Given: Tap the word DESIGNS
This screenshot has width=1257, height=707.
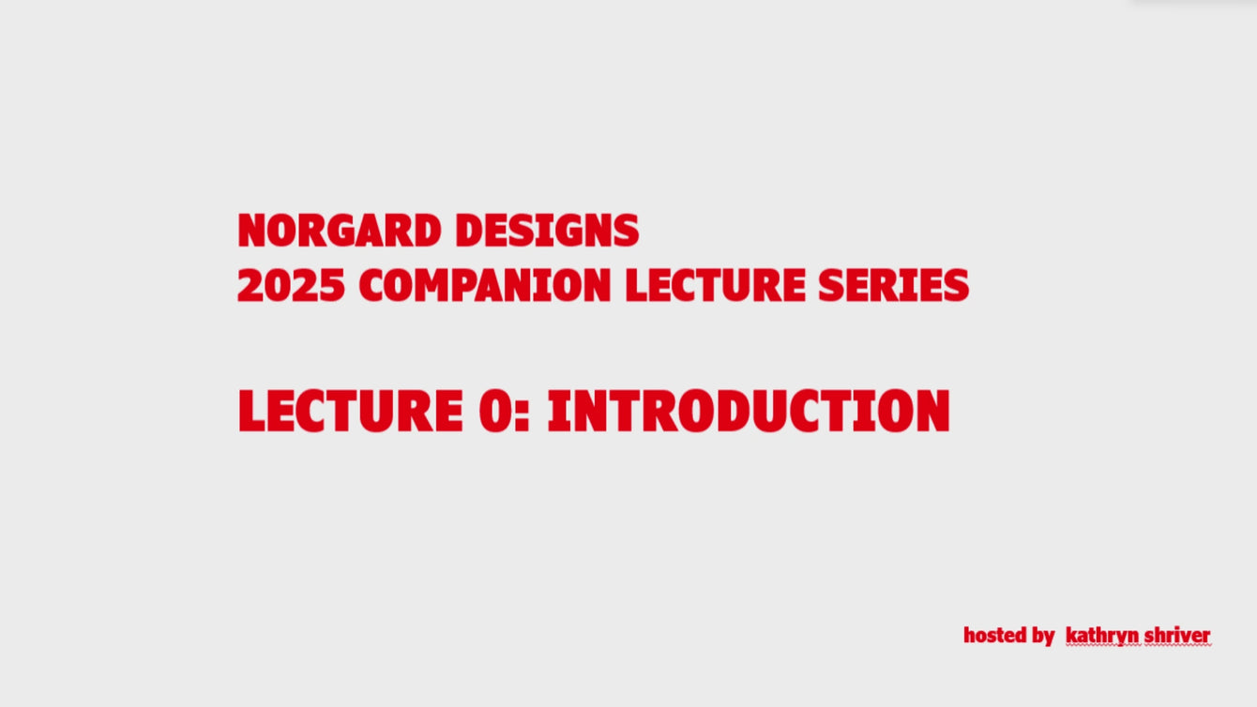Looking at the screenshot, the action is (x=547, y=230).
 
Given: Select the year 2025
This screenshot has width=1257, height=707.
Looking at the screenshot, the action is (x=291, y=285).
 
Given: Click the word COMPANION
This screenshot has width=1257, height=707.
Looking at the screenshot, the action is (x=485, y=285).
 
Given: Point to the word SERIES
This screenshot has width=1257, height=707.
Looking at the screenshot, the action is (x=893, y=285).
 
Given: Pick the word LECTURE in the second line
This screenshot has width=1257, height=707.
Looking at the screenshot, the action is (x=716, y=285).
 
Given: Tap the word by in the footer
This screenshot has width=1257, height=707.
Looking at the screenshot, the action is (x=1043, y=637).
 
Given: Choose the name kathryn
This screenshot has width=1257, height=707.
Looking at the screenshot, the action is (x=1102, y=637).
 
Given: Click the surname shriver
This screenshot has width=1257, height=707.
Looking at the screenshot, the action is (x=1177, y=635).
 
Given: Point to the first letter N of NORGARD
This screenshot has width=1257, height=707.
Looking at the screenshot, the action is (x=251, y=230).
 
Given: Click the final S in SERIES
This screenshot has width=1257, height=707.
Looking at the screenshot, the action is (x=957, y=285).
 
